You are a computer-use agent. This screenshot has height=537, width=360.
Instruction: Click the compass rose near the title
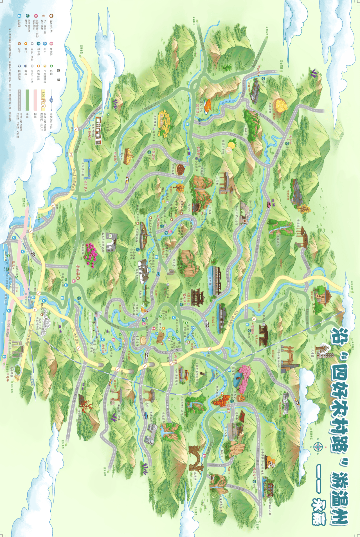[317, 446]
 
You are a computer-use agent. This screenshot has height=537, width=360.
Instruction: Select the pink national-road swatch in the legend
[36, 100]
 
